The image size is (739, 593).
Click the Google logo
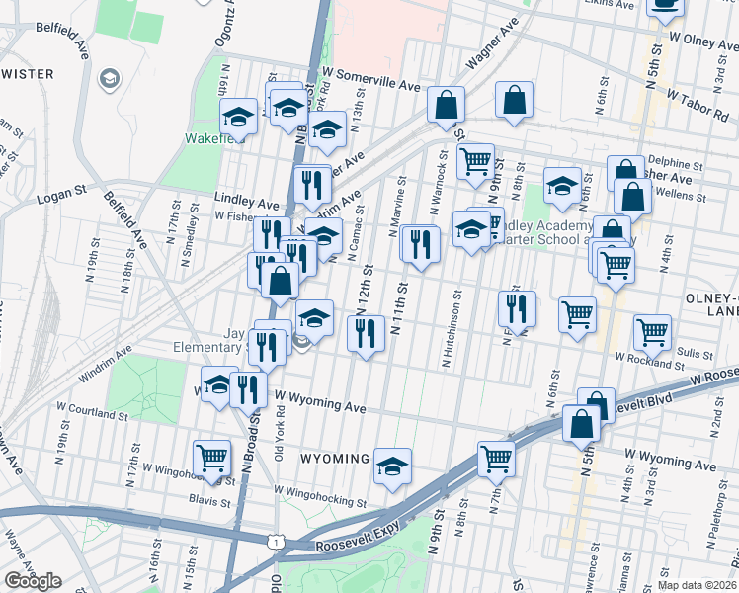32,580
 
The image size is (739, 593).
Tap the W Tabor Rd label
698,104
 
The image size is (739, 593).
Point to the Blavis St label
211,502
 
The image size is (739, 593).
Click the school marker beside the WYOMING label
392,466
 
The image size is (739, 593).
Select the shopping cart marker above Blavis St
211,457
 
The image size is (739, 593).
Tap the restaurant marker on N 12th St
367,333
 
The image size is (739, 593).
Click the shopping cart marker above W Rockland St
653,332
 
